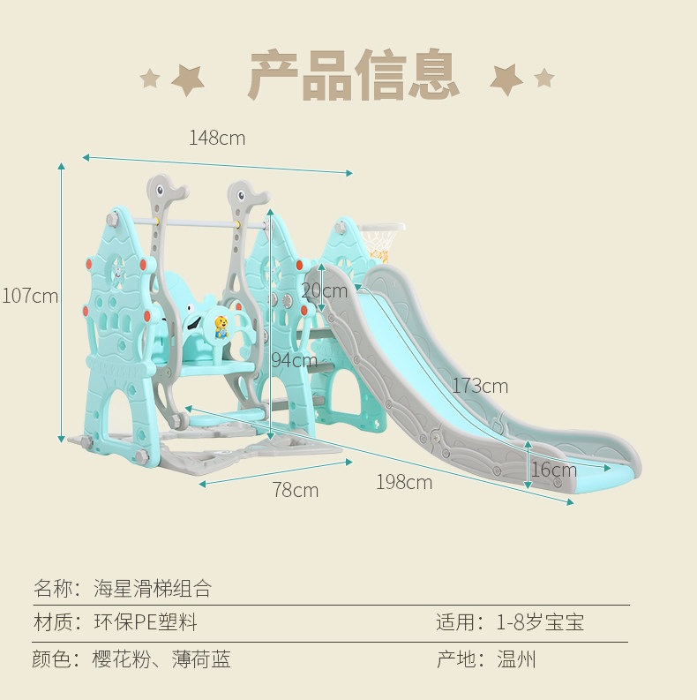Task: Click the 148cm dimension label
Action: tap(217, 138)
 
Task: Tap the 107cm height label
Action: tap(30, 296)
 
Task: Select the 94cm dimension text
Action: tap(295, 360)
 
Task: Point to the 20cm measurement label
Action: tap(325, 291)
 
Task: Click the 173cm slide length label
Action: tap(480, 386)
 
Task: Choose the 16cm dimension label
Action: tap(554, 470)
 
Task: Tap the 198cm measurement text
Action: tap(404, 482)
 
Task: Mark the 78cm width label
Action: tap(296, 490)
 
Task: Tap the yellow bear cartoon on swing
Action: tap(221, 327)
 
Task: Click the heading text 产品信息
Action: tap(354, 74)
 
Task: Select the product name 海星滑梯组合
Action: tap(153, 589)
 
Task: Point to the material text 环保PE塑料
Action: tap(146, 621)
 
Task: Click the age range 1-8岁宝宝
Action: tap(540, 621)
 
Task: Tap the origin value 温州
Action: tap(516, 659)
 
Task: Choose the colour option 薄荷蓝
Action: tap(201, 659)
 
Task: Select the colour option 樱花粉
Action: tap(122, 659)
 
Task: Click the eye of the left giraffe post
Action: tap(161, 190)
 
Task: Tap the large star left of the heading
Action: tap(187, 80)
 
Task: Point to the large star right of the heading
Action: tap(506, 79)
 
